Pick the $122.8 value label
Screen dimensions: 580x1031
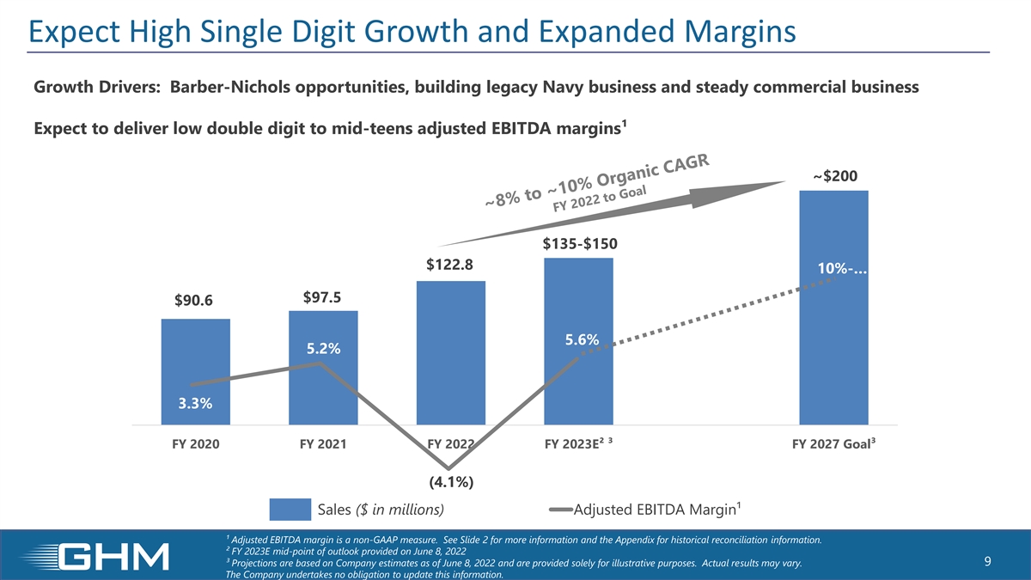(x=449, y=266)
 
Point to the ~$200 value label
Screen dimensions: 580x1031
(x=834, y=176)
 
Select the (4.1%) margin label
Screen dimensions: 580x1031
(x=449, y=482)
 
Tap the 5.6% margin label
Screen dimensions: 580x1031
(x=582, y=340)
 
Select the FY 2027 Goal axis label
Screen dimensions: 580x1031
(x=830, y=445)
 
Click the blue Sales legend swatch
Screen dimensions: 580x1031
(x=290, y=510)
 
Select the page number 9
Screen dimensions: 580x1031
(x=988, y=562)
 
